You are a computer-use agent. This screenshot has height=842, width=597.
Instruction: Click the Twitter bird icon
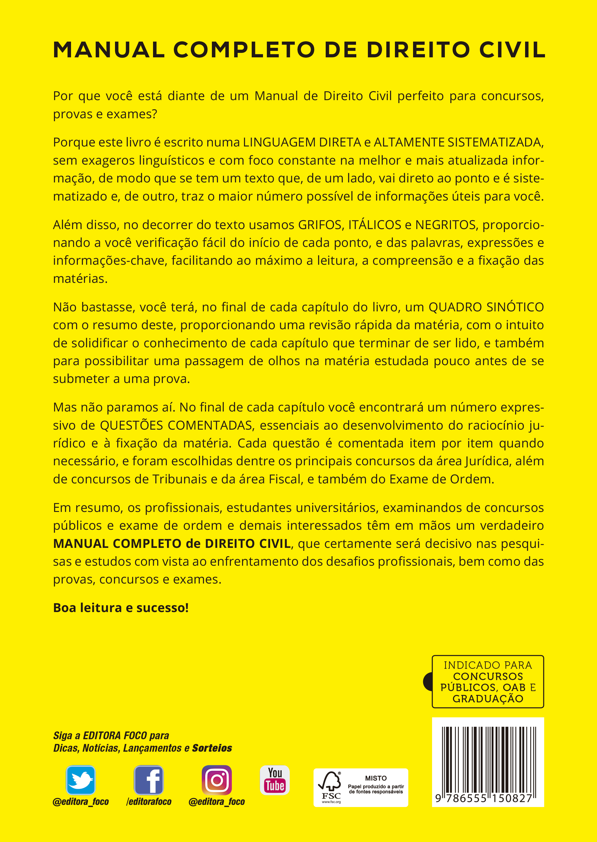(x=81, y=780)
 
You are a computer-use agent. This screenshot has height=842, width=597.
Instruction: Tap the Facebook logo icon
(x=149, y=780)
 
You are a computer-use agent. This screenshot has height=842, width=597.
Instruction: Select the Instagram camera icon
(x=217, y=780)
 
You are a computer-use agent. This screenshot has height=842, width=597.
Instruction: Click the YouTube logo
(x=275, y=780)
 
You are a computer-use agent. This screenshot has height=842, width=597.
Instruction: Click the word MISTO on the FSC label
(x=376, y=778)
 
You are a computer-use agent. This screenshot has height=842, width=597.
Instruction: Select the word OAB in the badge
(x=514, y=687)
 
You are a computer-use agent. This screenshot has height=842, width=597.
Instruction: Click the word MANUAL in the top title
(x=109, y=50)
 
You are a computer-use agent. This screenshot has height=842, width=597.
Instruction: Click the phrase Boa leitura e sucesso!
(x=121, y=608)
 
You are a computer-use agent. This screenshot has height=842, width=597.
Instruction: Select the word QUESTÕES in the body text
(x=131, y=425)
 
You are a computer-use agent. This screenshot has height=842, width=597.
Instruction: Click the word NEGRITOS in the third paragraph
(x=445, y=225)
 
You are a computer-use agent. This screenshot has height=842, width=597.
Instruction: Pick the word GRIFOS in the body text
(x=320, y=225)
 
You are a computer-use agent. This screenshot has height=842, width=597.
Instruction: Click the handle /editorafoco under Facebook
(x=149, y=802)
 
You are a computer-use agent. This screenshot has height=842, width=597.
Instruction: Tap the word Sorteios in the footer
(x=212, y=748)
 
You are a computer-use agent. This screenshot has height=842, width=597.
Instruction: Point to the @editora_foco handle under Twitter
(x=81, y=802)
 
